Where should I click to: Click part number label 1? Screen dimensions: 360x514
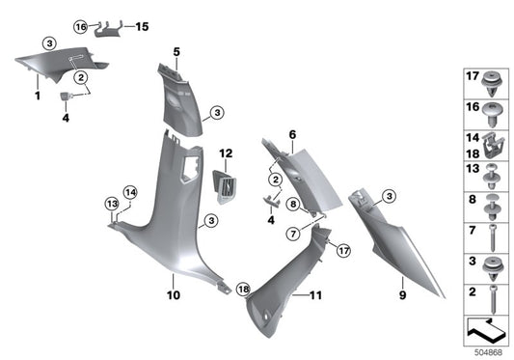coord(38,97)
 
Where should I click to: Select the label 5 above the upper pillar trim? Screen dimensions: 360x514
coord(176,50)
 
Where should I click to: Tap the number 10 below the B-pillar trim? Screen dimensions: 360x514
coord(173,296)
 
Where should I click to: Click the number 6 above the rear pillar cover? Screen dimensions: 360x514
coord(291,134)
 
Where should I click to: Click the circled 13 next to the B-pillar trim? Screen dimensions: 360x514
coord(111,204)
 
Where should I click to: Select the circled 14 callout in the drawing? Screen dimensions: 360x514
coord(130,193)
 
